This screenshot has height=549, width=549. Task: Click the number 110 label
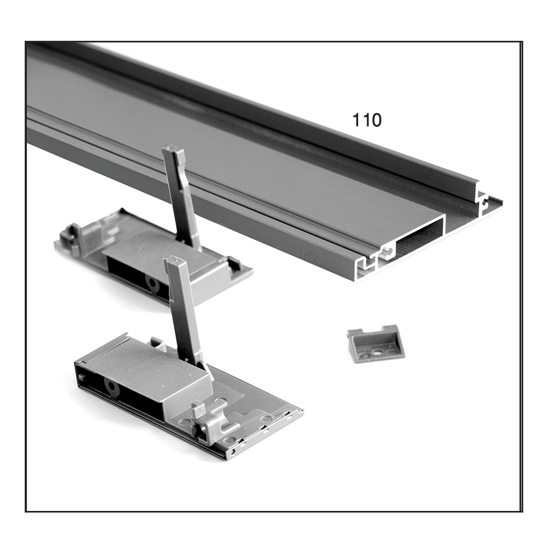coord(367,120)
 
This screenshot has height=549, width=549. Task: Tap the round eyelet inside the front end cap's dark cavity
coord(113,387)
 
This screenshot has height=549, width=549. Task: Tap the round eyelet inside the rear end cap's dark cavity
coord(153,283)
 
